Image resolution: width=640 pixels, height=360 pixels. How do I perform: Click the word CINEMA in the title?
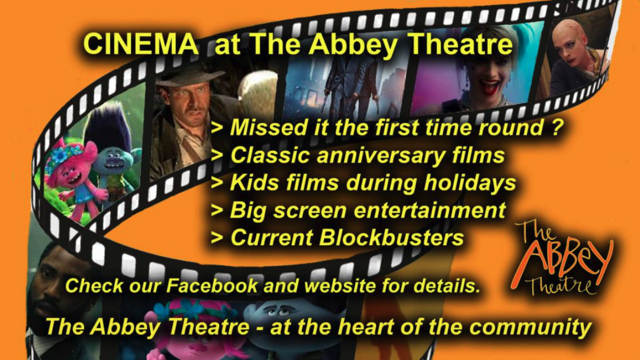pos(140,43)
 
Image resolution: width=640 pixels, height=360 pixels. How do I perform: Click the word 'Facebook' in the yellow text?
pos(212,285)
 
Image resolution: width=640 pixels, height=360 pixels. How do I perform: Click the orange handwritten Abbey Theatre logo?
pos(561,259)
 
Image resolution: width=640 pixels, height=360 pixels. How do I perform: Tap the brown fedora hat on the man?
pos(190,76)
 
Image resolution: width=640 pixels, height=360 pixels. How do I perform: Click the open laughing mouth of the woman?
pos(490,88)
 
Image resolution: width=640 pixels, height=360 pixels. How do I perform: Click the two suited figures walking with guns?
pos(353,86)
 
